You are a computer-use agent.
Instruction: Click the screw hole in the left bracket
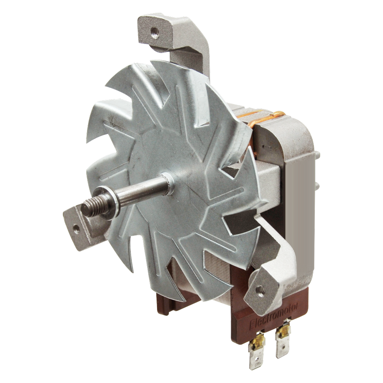click(x=76, y=227)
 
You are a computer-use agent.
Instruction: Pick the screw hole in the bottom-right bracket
click(x=258, y=289)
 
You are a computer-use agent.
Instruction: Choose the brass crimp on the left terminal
click(x=258, y=340)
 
